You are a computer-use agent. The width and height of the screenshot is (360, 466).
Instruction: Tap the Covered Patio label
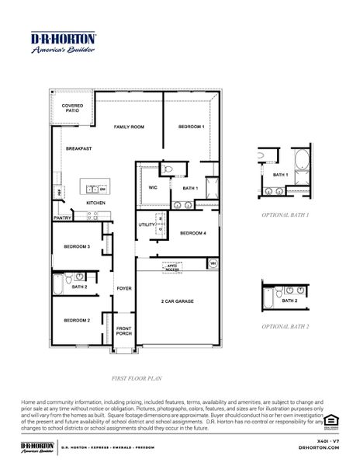tap(72, 109)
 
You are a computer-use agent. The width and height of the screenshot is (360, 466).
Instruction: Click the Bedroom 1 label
tap(191, 126)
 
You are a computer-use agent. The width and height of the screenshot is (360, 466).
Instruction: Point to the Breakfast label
tap(78, 148)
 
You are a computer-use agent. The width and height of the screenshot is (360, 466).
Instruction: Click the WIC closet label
tap(152, 187)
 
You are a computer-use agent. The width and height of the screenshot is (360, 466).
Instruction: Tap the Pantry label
tap(62, 218)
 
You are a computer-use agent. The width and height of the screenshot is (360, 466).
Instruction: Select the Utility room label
tap(147, 225)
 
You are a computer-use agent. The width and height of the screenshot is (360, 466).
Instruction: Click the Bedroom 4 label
tap(193, 233)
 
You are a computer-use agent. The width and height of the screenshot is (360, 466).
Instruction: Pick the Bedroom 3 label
tap(77, 246)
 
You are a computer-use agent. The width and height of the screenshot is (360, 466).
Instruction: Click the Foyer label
tap(124, 288)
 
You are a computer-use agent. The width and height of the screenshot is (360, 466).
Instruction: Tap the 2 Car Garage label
tap(178, 301)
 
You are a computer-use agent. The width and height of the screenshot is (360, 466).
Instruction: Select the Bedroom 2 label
tap(77, 320)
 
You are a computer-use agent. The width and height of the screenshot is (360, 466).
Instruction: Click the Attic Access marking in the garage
tap(172, 266)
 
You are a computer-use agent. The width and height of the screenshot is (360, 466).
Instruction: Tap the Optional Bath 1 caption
tap(285, 214)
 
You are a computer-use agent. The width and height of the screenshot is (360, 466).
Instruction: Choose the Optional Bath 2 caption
tap(285, 327)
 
